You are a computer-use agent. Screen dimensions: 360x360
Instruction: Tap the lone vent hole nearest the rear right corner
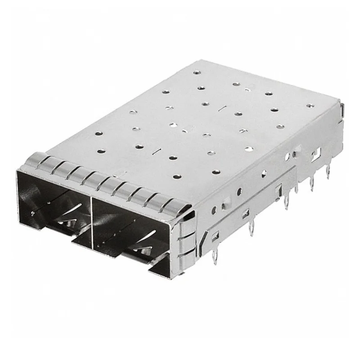309,106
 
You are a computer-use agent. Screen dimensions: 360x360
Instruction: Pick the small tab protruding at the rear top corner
343,108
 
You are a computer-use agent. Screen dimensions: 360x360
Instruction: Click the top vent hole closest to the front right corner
216,172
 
